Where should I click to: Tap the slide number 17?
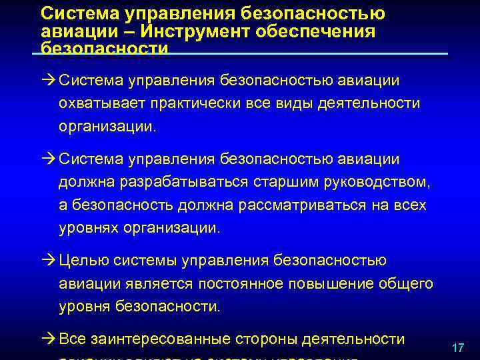pos(457,348)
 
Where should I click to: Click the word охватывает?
pos(101,103)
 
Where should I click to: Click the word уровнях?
pos(86,227)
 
